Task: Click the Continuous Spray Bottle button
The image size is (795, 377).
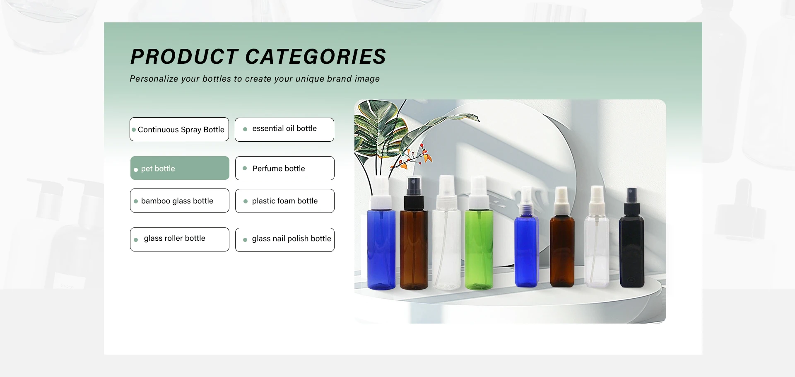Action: pos(179,129)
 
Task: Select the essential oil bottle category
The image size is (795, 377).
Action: pos(284,130)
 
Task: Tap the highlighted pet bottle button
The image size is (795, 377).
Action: pos(180,168)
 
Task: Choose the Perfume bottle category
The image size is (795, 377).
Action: pos(285,168)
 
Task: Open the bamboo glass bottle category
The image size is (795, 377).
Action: pos(180,201)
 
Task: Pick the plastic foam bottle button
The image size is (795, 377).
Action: pos(285,201)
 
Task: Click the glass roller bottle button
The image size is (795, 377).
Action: pos(180,239)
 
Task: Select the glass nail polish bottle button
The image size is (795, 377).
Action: pos(285,240)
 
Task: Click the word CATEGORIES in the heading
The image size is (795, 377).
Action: pos(316,56)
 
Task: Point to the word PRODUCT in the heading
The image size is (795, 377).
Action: pos(184,56)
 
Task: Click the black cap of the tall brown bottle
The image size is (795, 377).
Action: pos(414,193)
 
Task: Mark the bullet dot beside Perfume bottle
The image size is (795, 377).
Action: pos(245,168)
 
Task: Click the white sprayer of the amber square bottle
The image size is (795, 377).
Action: pos(562,201)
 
